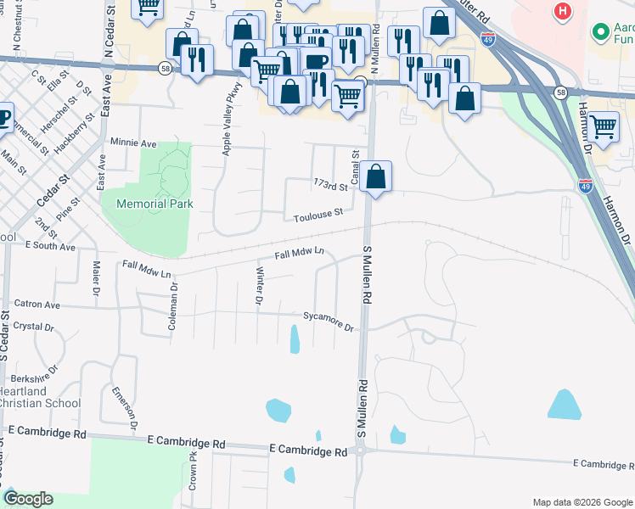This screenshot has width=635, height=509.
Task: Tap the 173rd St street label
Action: pyautogui.click(x=331, y=185)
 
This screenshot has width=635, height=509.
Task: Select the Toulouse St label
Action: pyautogui.click(x=318, y=215)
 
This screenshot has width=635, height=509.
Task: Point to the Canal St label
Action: pyautogui.click(x=356, y=161)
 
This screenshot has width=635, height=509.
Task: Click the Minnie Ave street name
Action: pyautogui.click(x=132, y=143)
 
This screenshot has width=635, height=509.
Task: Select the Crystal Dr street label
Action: pyautogui.click(x=34, y=327)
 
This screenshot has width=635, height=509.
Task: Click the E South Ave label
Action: pyautogui.click(x=50, y=247)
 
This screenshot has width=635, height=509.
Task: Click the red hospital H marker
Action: pyautogui.click(x=561, y=12)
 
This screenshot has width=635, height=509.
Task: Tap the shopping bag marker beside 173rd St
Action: pyautogui.click(x=376, y=177)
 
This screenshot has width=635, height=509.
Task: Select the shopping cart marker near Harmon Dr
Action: pyautogui.click(x=603, y=126)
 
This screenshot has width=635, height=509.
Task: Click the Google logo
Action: pyautogui.click(x=28, y=499)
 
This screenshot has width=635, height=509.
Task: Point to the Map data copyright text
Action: pyautogui.click(x=582, y=502)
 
